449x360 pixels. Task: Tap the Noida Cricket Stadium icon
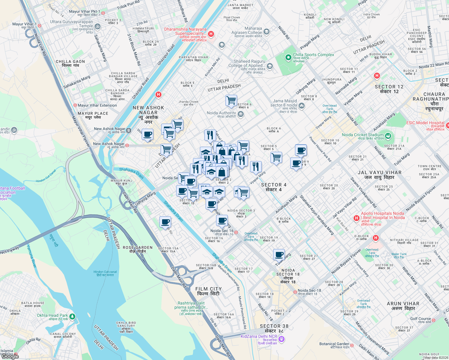(x=388, y=136)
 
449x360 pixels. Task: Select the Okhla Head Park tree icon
(x=72, y=316)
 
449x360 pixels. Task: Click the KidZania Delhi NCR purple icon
(x=281, y=339)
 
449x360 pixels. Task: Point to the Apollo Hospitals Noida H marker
(x=356, y=218)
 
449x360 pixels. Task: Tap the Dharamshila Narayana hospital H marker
(x=211, y=34)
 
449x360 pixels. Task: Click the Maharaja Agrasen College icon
(x=266, y=31)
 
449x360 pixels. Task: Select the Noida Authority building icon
(x=240, y=114)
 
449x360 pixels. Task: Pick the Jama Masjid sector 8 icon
(x=302, y=106)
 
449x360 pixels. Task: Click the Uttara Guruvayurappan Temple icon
(x=97, y=27)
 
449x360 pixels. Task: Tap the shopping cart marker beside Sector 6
(x=231, y=100)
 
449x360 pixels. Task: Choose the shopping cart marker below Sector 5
(x=276, y=157)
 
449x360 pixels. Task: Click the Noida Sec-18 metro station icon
(x=295, y=292)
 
